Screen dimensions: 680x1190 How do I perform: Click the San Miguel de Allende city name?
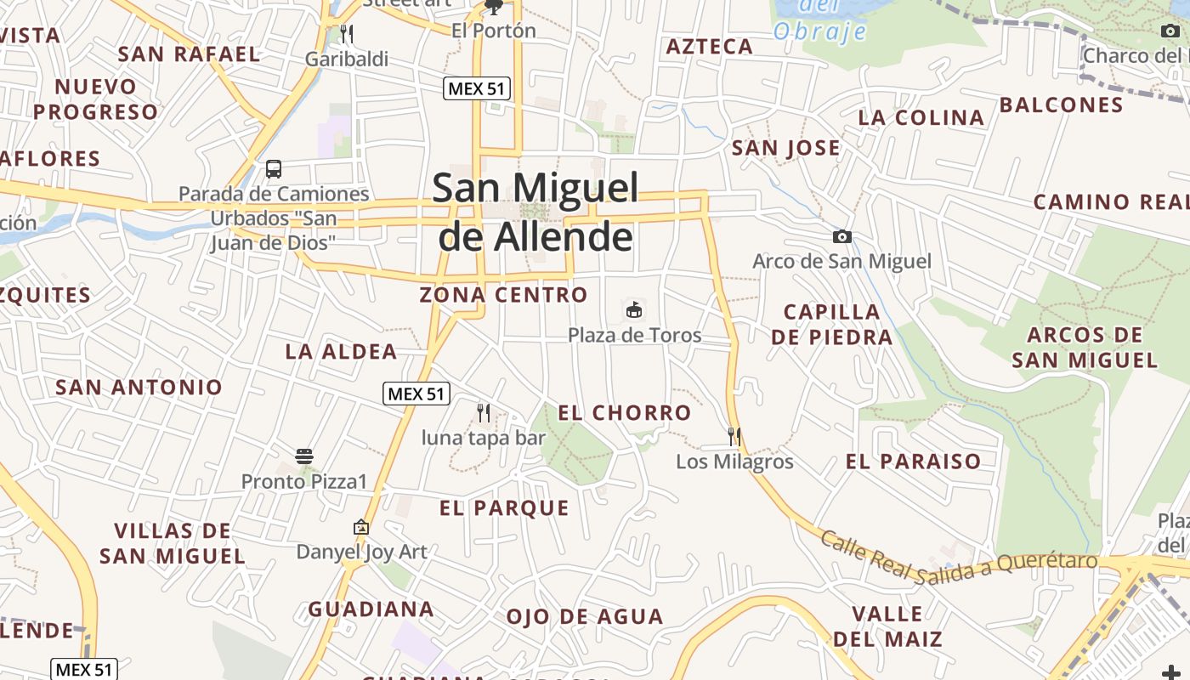[535, 212]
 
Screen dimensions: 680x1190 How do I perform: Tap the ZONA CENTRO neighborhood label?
[503, 295]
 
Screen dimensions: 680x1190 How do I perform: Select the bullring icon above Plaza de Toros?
[634, 310]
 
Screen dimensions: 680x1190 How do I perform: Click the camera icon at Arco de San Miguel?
[842, 237]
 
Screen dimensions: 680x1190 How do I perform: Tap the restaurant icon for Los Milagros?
[734, 437]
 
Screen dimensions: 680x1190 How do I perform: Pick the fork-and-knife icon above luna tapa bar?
[484, 413]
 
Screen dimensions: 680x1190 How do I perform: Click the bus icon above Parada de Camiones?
[274, 168]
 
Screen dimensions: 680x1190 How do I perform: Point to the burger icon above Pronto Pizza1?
[304, 456]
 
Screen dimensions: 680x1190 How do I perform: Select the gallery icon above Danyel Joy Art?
[361, 527]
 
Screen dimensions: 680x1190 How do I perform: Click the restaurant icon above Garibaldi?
[346, 34]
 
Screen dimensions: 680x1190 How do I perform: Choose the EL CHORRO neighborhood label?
[625, 413]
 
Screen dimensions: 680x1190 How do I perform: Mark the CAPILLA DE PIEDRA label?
[831, 325]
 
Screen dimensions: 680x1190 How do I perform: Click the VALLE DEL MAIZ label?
[887, 626]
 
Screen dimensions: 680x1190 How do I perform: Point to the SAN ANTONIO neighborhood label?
[139, 388]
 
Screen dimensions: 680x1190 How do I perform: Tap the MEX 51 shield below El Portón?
[477, 88]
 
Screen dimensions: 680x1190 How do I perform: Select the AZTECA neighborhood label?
[710, 47]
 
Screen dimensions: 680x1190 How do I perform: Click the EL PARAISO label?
[913, 462]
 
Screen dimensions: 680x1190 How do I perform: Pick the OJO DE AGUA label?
[585, 617]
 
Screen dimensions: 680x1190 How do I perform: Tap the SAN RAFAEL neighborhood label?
[189, 54]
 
